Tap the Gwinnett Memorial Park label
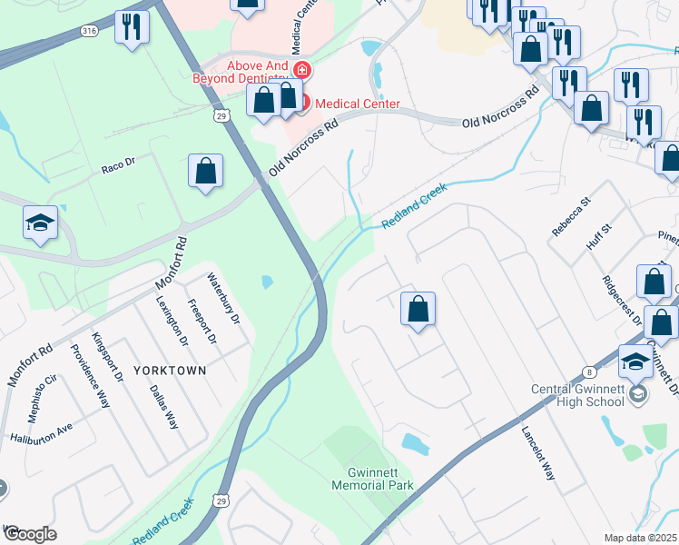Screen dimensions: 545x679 coord(380,479)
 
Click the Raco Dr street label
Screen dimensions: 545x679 coord(118,165)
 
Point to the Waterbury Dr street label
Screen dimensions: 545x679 coord(223,299)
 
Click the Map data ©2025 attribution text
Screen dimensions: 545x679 coord(641,538)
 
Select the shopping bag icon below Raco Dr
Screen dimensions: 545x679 coord(206,171)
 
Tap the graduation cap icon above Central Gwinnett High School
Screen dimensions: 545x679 coord(636,361)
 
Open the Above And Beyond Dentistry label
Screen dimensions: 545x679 coord(241,72)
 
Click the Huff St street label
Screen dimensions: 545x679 coord(596,243)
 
